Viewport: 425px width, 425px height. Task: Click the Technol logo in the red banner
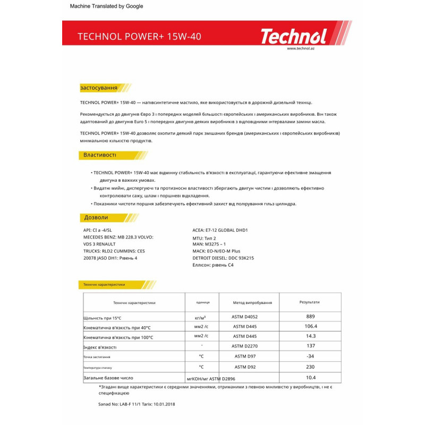pos(293,37)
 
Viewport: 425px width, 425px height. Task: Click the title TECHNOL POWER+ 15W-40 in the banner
pos(139,37)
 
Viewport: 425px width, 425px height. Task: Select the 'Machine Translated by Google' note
pos(106,6)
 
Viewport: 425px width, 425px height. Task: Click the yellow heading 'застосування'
pos(98,88)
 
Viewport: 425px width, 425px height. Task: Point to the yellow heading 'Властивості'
pos(99,155)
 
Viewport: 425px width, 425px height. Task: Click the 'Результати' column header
pos(310,302)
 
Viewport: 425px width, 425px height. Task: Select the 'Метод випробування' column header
pos(252,302)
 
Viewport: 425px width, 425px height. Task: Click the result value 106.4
pos(311,326)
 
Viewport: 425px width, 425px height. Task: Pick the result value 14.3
pos(311,336)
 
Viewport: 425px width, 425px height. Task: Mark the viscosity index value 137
pos(311,346)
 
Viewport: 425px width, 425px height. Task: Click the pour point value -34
pos(311,356)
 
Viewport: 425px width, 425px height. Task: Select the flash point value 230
pos(311,367)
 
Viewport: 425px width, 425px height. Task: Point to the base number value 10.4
pos(311,377)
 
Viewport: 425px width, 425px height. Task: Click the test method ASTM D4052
pos(249,317)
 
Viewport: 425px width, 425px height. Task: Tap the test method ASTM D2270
pos(248,346)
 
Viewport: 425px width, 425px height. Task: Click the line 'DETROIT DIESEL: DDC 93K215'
pos(223,257)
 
